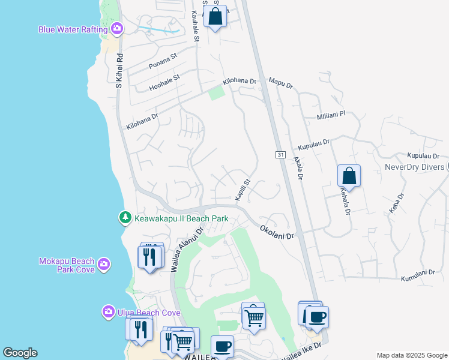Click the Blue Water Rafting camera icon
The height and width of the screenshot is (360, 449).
tap(117, 28)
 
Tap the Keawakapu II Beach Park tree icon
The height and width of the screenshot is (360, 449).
tap(125, 217)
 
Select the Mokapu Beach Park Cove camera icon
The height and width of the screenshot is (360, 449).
tap(104, 263)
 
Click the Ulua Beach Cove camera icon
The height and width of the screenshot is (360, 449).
tap(108, 311)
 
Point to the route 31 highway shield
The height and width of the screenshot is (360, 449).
tap(280, 155)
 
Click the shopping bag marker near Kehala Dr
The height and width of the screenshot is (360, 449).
tap(349, 176)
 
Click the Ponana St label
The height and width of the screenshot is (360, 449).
tap(163, 60)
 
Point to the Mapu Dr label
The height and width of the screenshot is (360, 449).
tap(280, 83)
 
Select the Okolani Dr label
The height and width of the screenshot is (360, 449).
tap(277, 233)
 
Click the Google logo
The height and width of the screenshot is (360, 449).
tap(20, 353)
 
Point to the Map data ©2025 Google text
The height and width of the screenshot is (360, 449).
tap(412, 355)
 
